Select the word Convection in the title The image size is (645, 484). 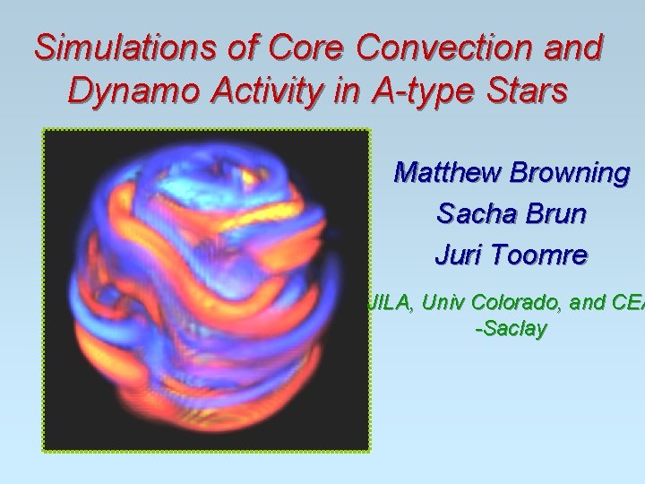pyautogui.click(x=437, y=48)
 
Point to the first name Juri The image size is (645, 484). pyautogui.click(x=457, y=255)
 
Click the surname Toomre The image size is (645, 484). pyautogui.click(x=542, y=255)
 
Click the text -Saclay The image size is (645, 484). pyautogui.click(x=511, y=330)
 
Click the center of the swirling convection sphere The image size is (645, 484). pyautogui.click(x=206, y=291)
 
